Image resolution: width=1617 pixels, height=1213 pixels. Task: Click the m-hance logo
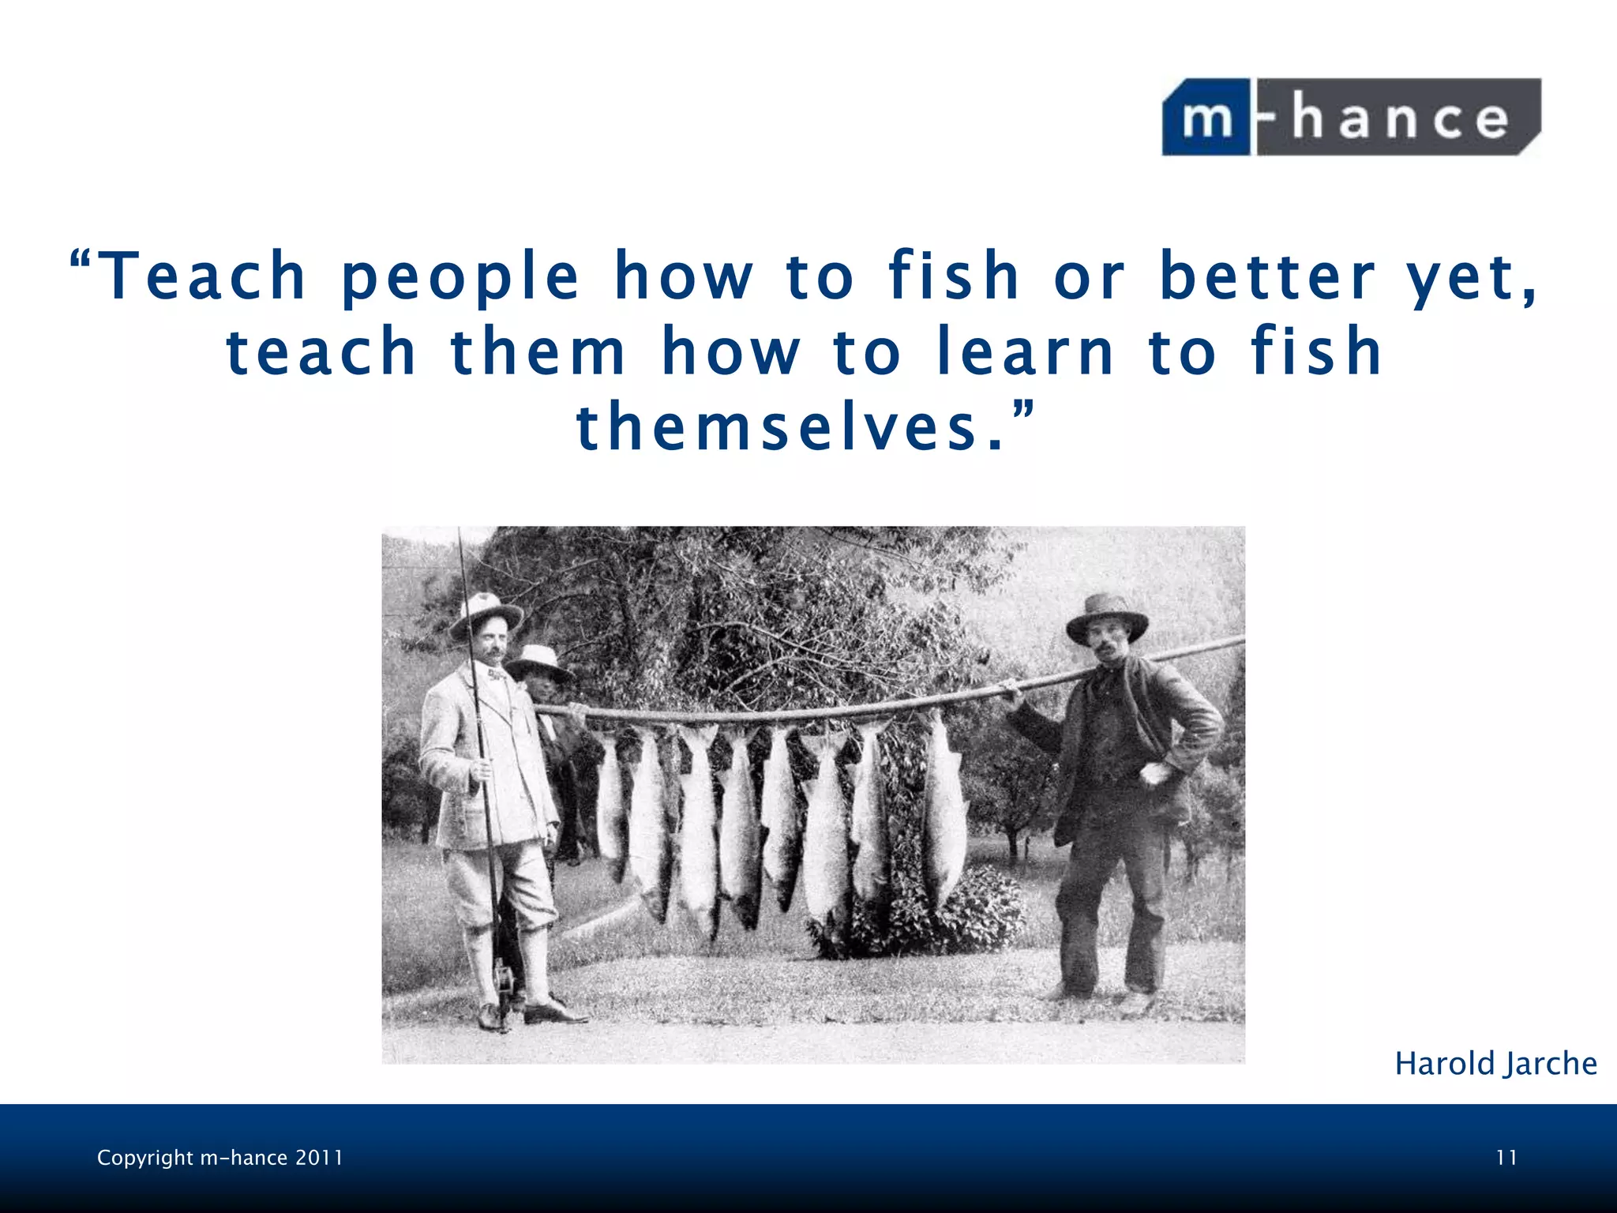click(1351, 117)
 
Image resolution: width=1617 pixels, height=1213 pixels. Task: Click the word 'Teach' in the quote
click(204, 276)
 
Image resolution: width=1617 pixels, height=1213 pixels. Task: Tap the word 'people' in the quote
click(460, 278)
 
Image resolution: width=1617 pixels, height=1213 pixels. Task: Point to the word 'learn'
click(1025, 352)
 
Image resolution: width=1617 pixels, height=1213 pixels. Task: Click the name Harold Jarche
click(1495, 1064)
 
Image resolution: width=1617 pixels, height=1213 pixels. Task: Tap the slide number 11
click(1506, 1158)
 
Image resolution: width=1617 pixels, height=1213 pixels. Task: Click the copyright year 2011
click(319, 1158)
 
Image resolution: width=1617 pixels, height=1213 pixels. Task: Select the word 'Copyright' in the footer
click(144, 1158)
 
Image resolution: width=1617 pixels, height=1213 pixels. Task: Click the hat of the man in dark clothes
click(1106, 616)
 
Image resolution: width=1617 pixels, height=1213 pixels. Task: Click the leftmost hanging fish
click(610, 798)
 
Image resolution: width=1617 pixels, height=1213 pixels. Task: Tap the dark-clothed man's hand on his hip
click(1154, 772)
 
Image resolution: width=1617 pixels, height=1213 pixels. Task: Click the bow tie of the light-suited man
click(496, 675)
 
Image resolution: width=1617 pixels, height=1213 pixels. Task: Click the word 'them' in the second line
click(537, 352)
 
